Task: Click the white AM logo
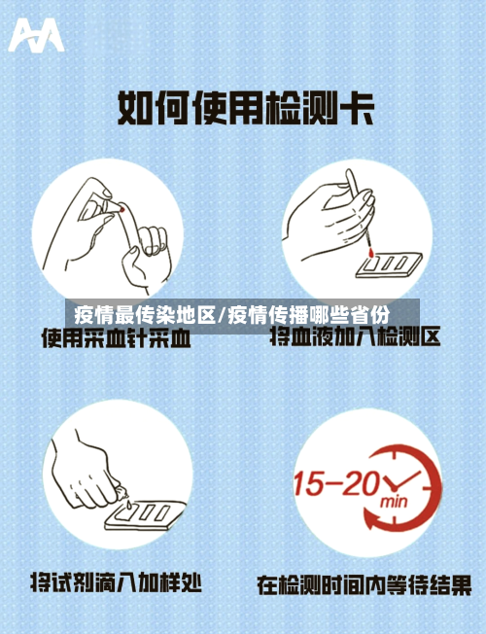(36, 36)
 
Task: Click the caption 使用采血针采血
(115, 339)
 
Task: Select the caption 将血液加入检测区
(355, 338)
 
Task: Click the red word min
(393, 503)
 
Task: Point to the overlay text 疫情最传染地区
(145, 315)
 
